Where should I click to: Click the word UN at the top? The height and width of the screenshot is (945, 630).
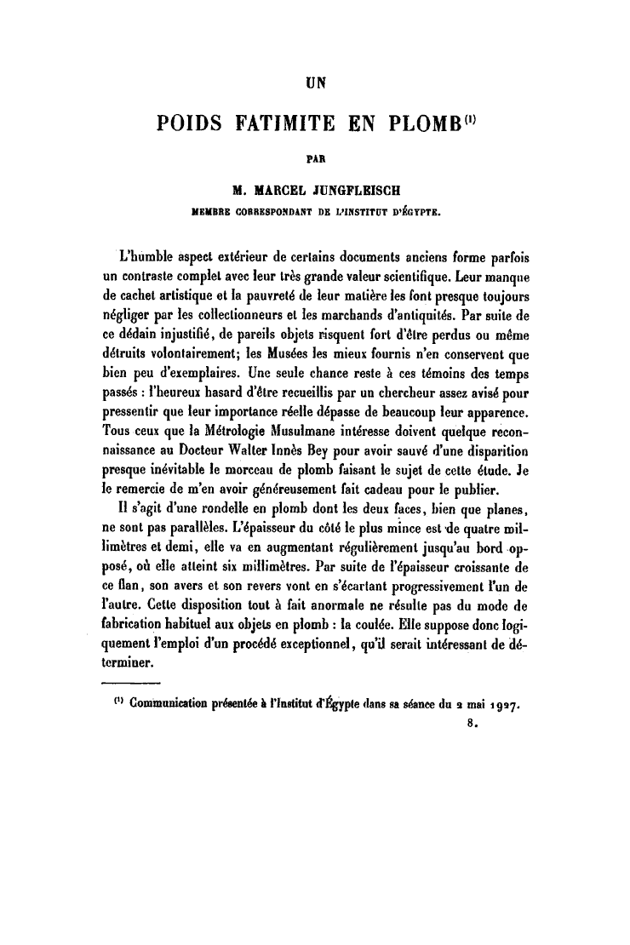pos(316,83)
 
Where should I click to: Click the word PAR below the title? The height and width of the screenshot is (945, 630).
pos(316,157)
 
